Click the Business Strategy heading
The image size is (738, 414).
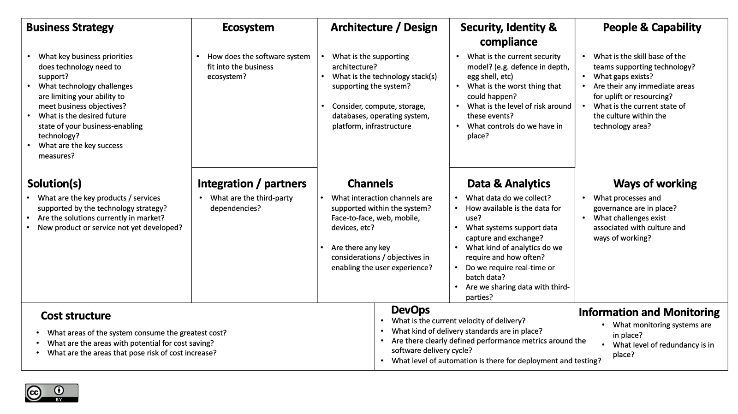[x=70, y=28]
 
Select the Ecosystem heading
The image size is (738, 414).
[x=248, y=28]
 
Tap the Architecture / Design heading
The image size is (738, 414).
[x=384, y=28]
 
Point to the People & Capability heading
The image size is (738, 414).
[x=652, y=28]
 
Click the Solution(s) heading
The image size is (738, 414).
[x=54, y=183]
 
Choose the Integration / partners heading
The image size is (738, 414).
[x=252, y=183]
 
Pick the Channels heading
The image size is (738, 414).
[x=370, y=183]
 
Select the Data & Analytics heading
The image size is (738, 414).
[x=509, y=183]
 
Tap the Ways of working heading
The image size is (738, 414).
[x=655, y=183]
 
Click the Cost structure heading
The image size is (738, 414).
[x=76, y=316]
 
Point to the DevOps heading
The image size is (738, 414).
[x=411, y=310]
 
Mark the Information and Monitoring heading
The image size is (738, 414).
[x=649, y=313]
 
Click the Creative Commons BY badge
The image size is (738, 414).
[x=52, y=393]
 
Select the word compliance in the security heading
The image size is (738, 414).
[x=508, y=42]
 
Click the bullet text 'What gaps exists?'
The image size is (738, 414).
[x=623, y=77]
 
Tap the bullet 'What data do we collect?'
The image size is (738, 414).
[x=508, y=198]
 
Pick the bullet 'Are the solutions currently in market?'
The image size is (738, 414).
[x=101, y=218]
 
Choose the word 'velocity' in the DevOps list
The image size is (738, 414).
[x=465, y=321]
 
